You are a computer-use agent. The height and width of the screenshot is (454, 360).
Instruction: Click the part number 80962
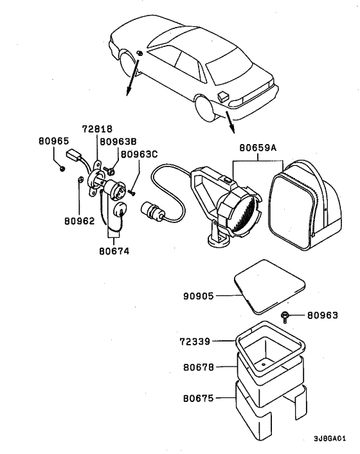pyautogui.click(x=79, y=221)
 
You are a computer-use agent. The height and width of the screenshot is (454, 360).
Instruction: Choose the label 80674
pyautogui.click(x=114, y=251)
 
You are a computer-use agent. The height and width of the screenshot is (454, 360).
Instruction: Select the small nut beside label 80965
pyautogui.click(x=62, y=168)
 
